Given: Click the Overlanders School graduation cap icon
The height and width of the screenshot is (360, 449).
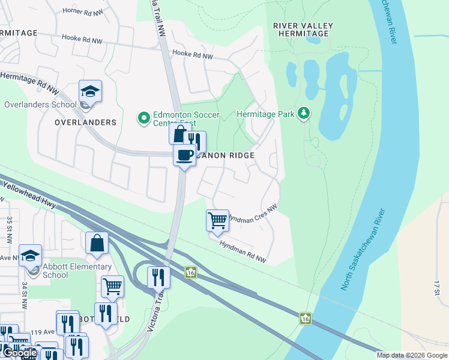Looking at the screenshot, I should pyautogui.click(x=90, y=91).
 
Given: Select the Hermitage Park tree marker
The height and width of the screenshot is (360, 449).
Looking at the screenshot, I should pyautogui.click(x=304, y=113).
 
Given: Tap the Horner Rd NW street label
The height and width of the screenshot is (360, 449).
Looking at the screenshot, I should pyautogui.click(x=83, y=11).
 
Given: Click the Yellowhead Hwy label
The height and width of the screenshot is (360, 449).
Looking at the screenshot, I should pyautogui.click(x=29, y=196).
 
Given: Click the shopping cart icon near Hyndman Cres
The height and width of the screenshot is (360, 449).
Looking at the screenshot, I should pyautogui.click(x=217, y=220).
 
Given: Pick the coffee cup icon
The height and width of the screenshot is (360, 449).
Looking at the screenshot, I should pyautogui.click(x=184, y=155).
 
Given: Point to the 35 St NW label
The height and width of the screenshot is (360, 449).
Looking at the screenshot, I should pyautogui.click(x=10, y=230).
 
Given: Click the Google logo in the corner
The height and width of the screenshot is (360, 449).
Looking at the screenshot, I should pyautogui.click(x=19, y=353).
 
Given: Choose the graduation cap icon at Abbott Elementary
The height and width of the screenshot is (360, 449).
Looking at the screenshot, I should pyautogui.click(x=30, y=256).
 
